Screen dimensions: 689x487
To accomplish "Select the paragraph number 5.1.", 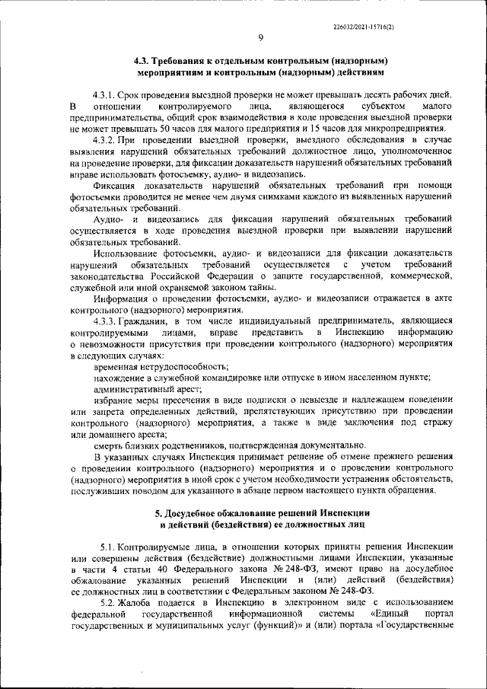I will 110,547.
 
